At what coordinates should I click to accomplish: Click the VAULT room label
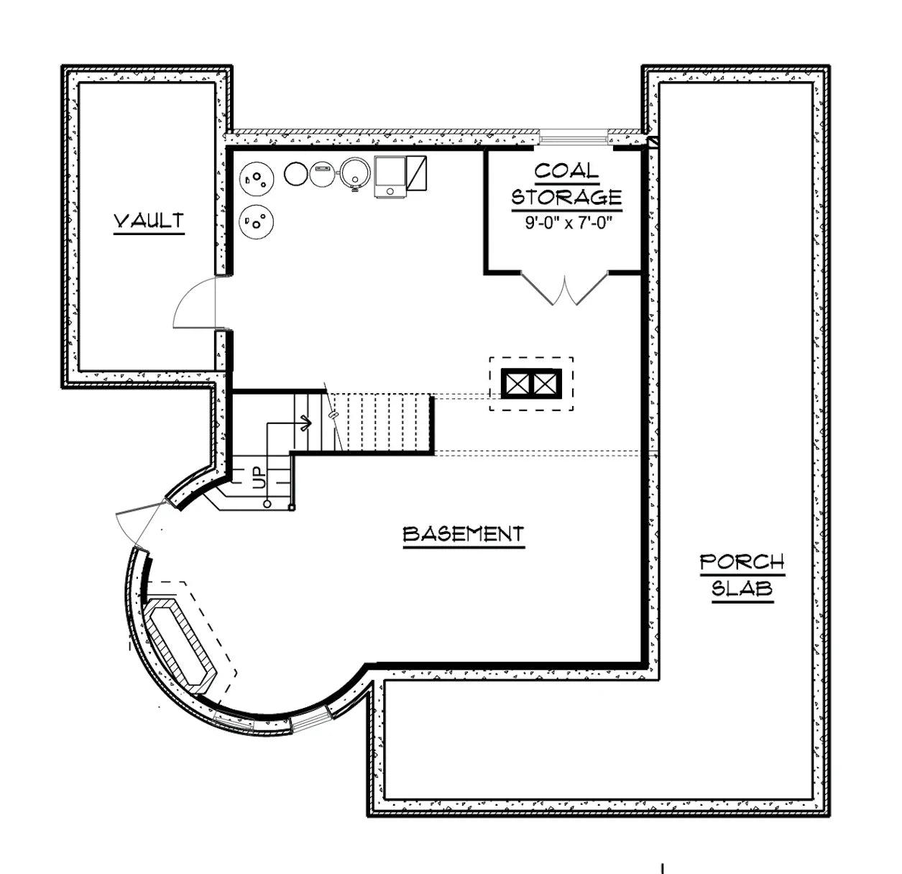click(x=149, y=221)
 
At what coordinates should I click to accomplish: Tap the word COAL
click(x=566, y=171)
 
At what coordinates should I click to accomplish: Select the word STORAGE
click(x=566, y=196)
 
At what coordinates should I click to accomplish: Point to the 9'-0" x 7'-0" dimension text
click(x=566, y=223)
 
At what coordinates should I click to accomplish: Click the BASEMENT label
click(x=463, y=534)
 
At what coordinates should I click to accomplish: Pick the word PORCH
click(x=742, y=561)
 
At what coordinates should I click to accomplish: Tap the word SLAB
click(x=742, y=589)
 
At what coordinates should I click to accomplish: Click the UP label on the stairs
click(x=257, y=478)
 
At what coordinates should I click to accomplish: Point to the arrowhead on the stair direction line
click(x=308, y=423)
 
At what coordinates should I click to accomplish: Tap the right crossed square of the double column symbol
click(x=546, y=383)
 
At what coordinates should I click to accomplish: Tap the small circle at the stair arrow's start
click(x=267, y=504)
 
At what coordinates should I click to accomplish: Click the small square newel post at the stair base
click(x=290, y=508)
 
